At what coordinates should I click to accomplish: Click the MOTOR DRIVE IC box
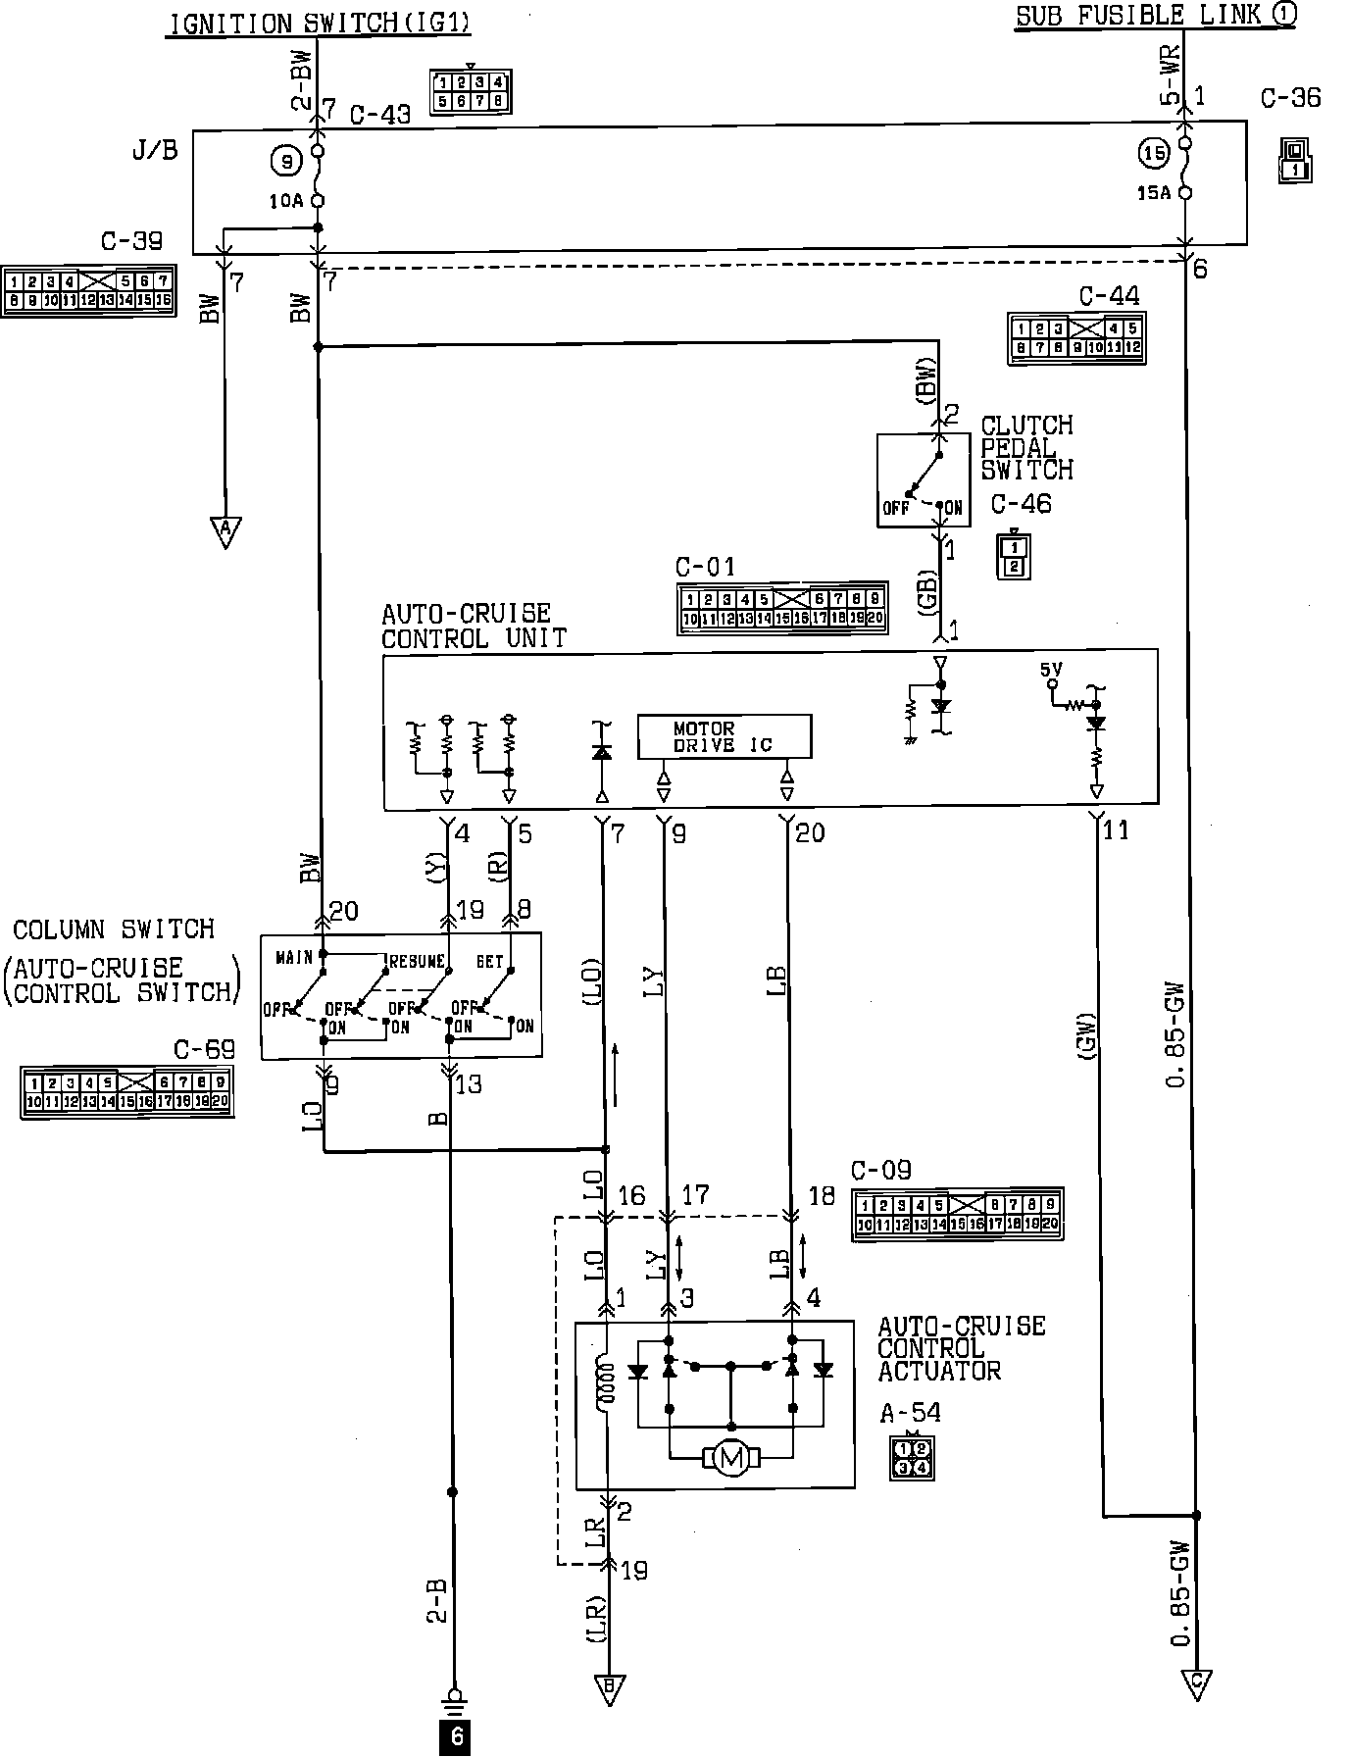coord(724,736)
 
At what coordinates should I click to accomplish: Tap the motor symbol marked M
coord(731,1460)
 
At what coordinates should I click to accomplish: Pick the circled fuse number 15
coord(1153,153)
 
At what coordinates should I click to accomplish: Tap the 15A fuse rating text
coord(1153,193)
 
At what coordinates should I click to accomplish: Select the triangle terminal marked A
coord(225,531)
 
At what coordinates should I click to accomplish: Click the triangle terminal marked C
coord(1196,1683)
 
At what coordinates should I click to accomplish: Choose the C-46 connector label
coord(1021,504)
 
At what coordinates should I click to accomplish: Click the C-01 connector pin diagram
coord(781,609)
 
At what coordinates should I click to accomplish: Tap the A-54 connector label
coord(910,1413)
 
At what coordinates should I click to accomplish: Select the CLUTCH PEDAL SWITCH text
coord(1026,448)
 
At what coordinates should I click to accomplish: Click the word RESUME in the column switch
coord(417,961)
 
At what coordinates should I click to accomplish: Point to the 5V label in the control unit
coord(1051,670)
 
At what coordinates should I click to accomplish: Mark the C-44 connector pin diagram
coord(1075,338)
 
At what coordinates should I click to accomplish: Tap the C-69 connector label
coord(204,1049)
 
